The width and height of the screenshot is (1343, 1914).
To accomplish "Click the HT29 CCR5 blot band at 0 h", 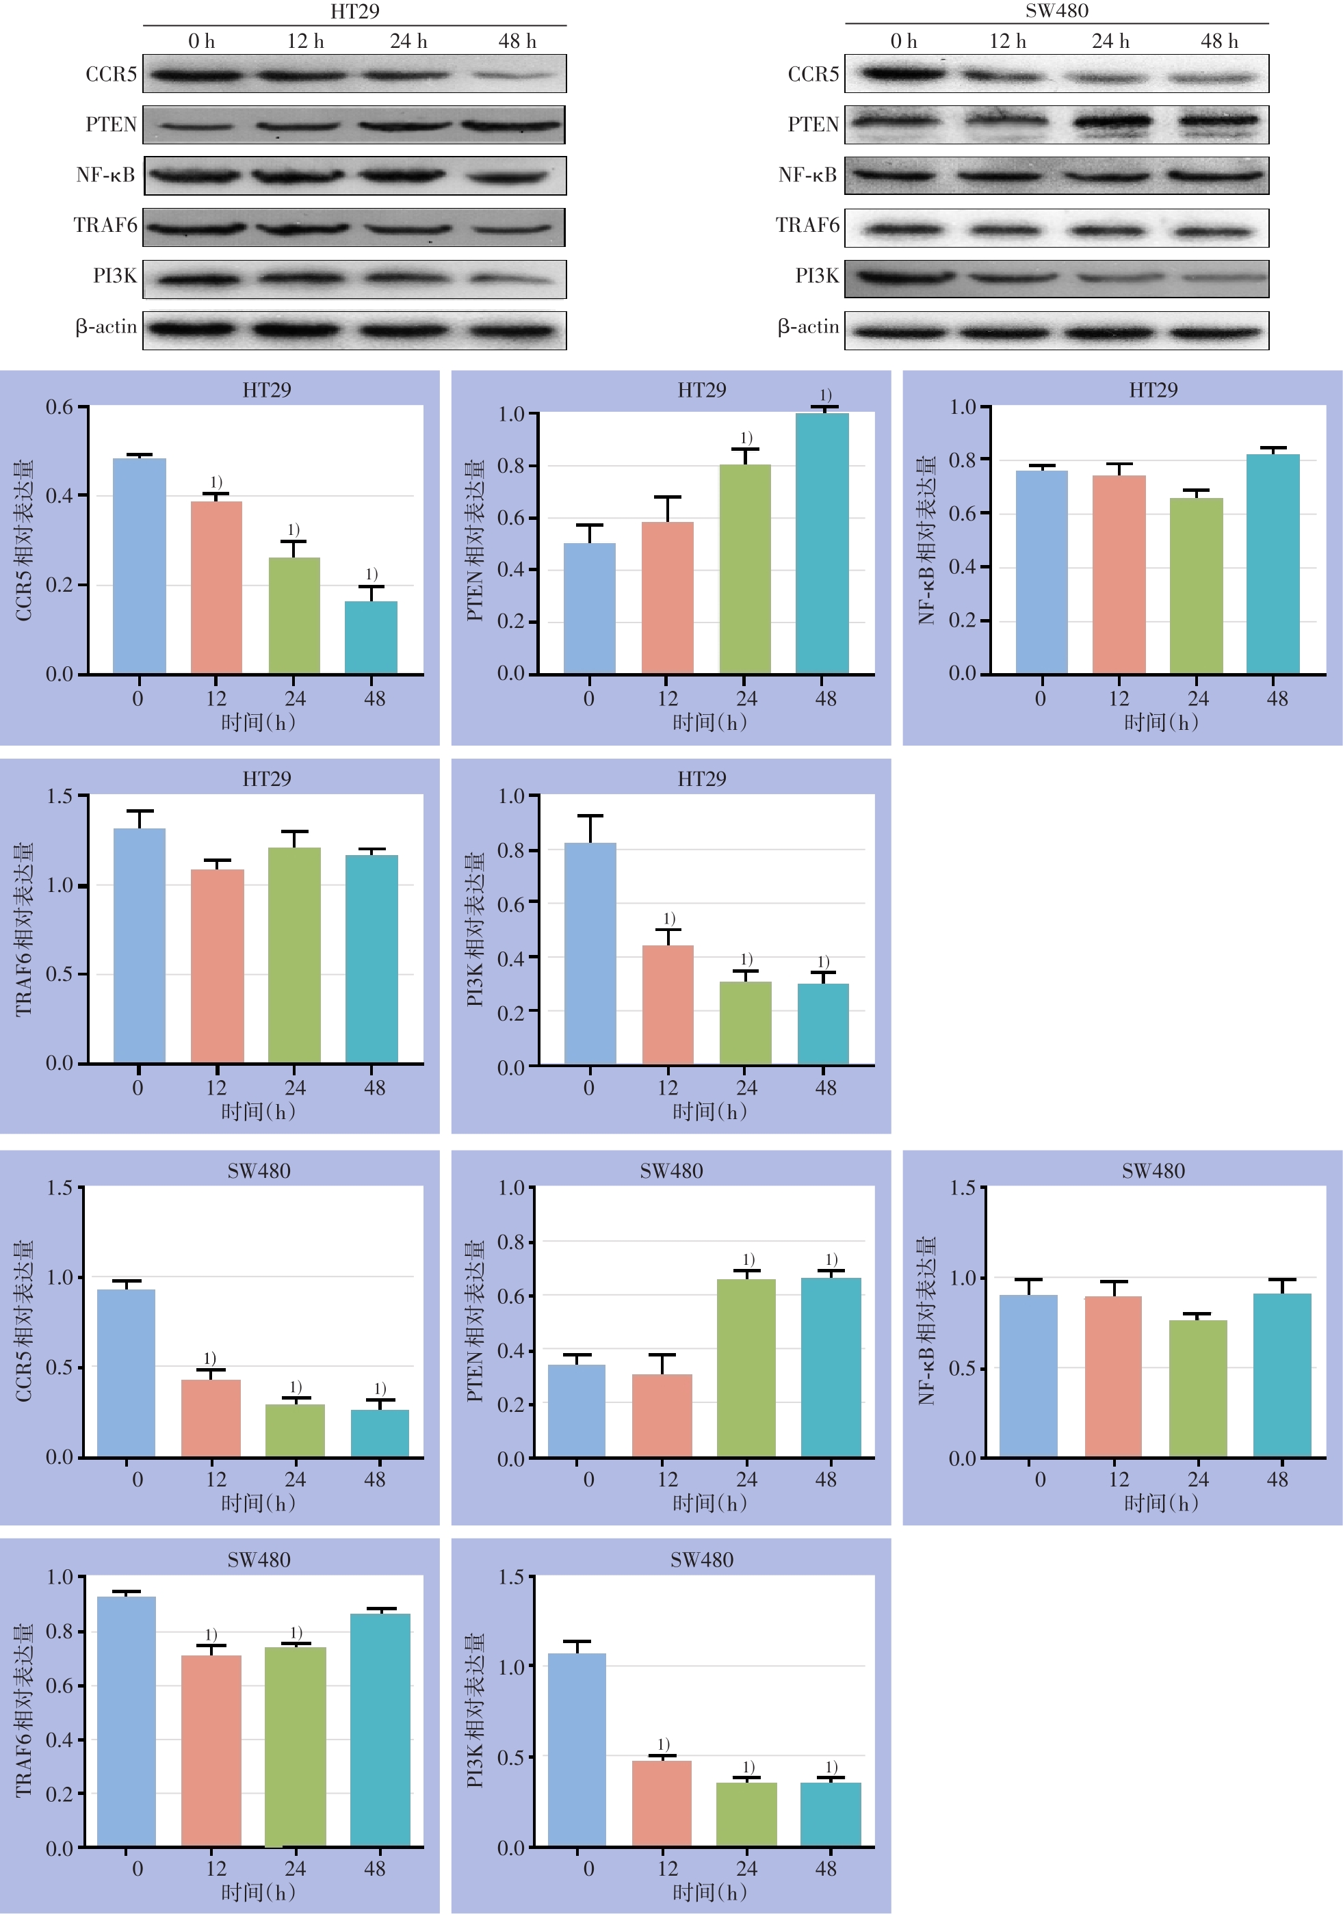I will [198, 75].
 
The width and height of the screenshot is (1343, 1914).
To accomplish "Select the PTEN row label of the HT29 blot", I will [111, 125].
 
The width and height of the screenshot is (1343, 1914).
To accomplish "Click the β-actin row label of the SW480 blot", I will [808, 328].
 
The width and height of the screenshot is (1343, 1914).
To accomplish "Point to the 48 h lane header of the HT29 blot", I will [517, 42].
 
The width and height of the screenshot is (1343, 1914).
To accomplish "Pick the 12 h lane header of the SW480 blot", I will [1007, 42].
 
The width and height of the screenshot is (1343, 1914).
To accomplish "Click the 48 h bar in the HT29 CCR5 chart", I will [371, 637].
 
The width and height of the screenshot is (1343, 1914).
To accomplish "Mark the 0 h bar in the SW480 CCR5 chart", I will [126, 1373].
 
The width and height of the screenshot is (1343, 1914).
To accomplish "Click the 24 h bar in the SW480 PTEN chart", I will [746, 1368].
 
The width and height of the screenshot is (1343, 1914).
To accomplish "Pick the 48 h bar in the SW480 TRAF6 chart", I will [380, 1730].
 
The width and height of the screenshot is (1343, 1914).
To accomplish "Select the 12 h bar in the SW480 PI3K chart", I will [662, 1803].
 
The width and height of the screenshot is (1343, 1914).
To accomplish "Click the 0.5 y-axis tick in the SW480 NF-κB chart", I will [962, 1368].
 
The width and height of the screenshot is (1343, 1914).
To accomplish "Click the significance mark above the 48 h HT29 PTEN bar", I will [825, 395].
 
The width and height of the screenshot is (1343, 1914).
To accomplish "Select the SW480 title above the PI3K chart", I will [702, 1560].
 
